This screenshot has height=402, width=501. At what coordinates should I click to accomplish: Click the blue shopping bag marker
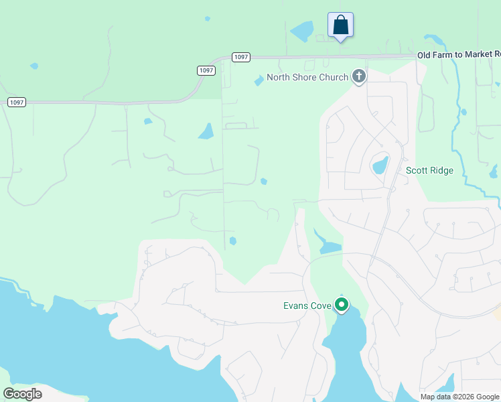click(x=340, y=25)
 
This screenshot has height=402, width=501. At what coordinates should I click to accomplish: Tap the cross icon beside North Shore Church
click(x=359, y=77)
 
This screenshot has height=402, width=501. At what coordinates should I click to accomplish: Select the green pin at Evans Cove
click(x=342, y=306)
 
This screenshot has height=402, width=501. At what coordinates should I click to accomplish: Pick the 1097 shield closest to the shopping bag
click(x=241, y=58)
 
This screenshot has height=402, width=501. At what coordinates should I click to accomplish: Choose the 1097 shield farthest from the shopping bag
click(x=17, y=102)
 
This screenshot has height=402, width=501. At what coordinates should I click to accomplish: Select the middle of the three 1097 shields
click(x=206, y=70)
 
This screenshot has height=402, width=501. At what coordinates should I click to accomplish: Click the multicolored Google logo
click(x=23, y=394)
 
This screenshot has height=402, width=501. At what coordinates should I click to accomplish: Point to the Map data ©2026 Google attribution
click(x=459, y=397)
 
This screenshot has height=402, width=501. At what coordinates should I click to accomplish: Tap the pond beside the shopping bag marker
click(x=302, y=31)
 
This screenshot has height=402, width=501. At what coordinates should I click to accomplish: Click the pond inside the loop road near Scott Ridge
click(x=380, y=164)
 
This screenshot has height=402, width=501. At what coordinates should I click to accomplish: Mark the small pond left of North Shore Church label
click(x=259, y=81)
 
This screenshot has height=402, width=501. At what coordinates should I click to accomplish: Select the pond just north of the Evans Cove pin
click(x=328, y=245)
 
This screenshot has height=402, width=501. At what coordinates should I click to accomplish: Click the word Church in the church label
click(x=334, y=77)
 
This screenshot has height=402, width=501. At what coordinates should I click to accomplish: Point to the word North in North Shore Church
click(x=279, y=77)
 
